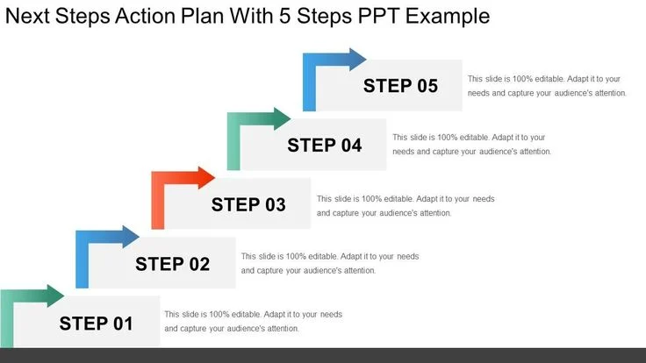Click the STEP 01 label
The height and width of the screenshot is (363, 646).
[97, 323]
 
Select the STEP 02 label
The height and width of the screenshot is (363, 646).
[173, 263]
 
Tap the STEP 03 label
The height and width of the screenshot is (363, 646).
[248, 204]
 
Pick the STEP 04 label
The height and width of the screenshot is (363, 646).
[325, 145]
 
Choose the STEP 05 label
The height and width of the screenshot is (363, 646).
[400, 86]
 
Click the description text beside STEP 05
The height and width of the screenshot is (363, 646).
[547, 85]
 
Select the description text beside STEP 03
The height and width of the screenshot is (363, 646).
[406, 205]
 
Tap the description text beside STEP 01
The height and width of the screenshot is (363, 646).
[253, 321]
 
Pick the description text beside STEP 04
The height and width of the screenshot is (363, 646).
[471, 145]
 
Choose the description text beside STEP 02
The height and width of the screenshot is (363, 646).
[329, 263]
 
